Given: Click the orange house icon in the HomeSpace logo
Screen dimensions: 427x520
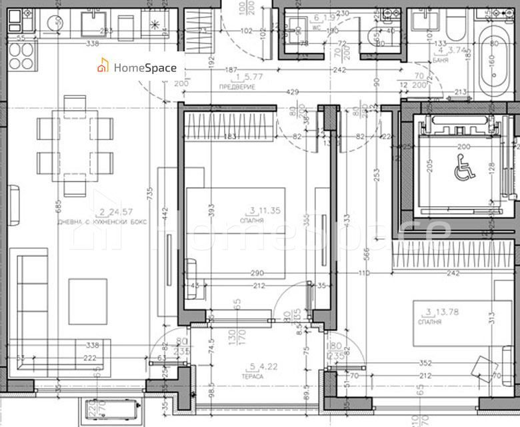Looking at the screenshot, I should [x=103, y=67].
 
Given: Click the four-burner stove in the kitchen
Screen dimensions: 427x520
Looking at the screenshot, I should [x=21, y=65].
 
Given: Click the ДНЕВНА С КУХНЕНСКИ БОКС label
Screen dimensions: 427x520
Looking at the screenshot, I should [x=102, y=221].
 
